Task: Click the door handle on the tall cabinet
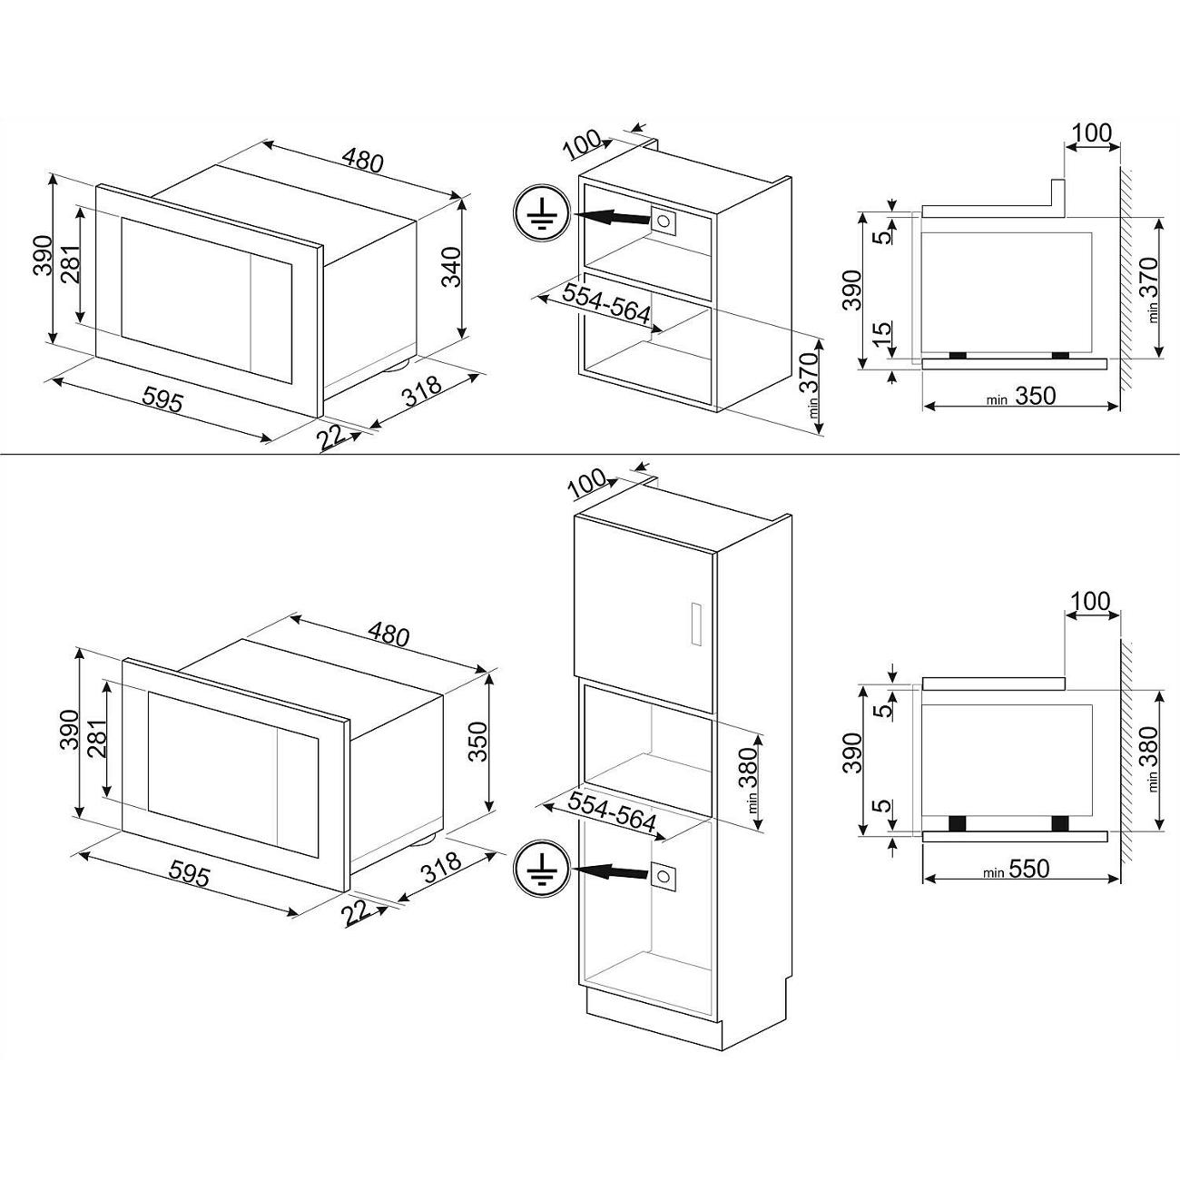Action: [x=695, y=623]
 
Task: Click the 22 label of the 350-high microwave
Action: [x=361, y=911]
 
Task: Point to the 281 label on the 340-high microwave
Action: [x=71, y=265]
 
